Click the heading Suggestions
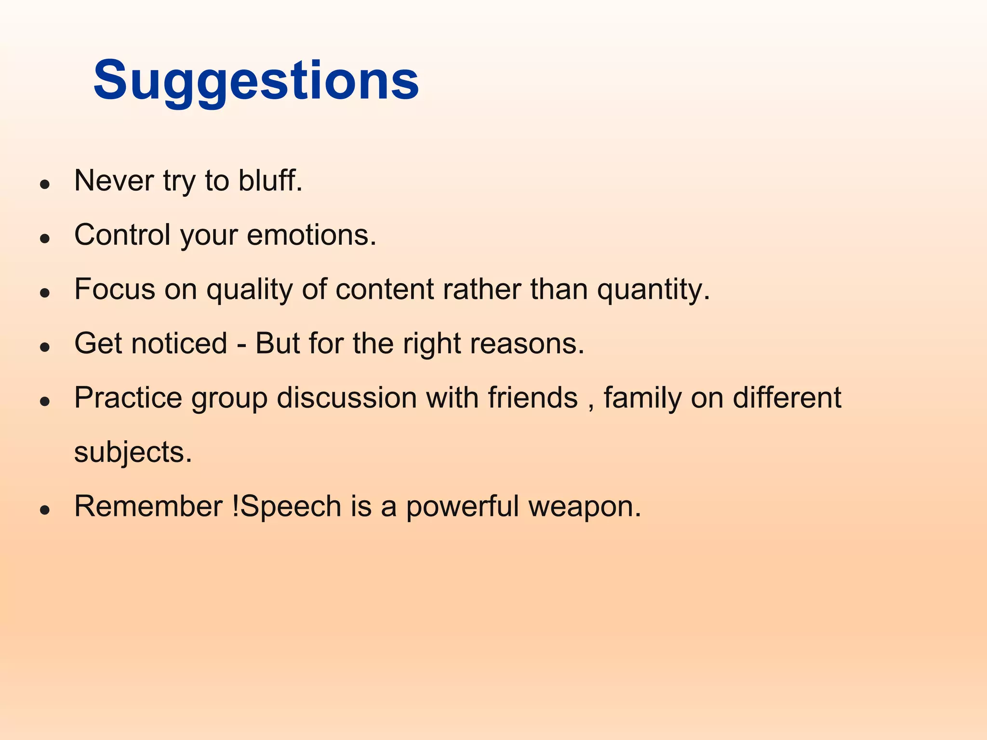tap(256, 80)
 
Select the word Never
tap(114, 181)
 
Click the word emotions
tap(311, 235)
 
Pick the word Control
tap(122, 235)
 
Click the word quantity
tap(653, 290)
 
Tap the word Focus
tap(115, 290)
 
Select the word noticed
tap(179, 344)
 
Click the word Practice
tap(128, 398)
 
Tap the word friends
tap(533, 398)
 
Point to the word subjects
tap(133, 452)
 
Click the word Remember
tap(148, 506)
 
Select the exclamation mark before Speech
tap(236, 506)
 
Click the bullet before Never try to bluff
tap(45, 184)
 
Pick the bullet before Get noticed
tap(45, 347)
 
